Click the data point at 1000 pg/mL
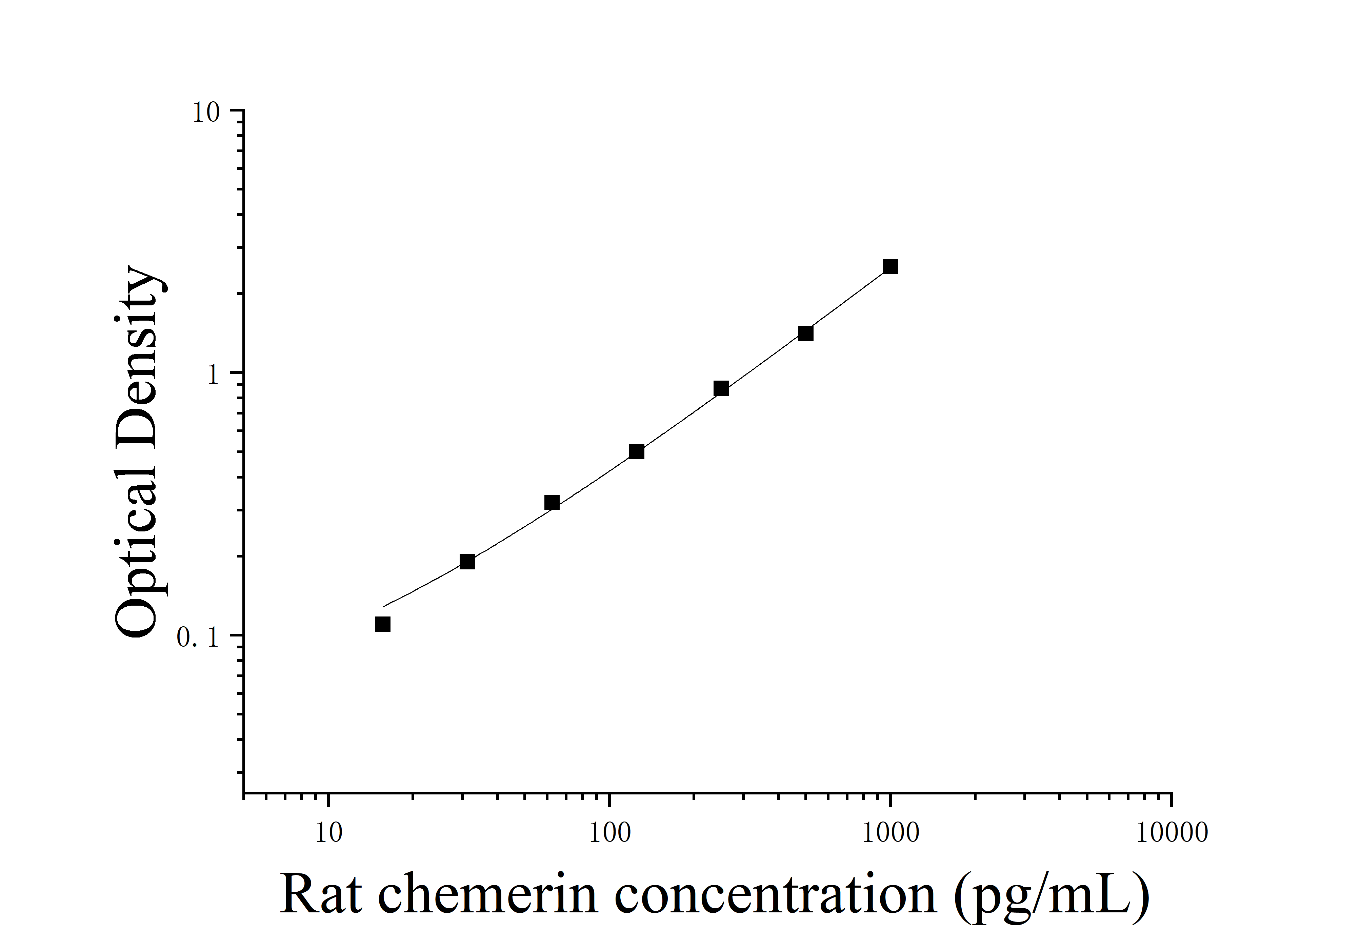tap(890, 267)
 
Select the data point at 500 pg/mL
tap(805, 333)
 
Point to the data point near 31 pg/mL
tap(467, 562)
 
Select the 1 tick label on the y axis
tap(214, 375)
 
